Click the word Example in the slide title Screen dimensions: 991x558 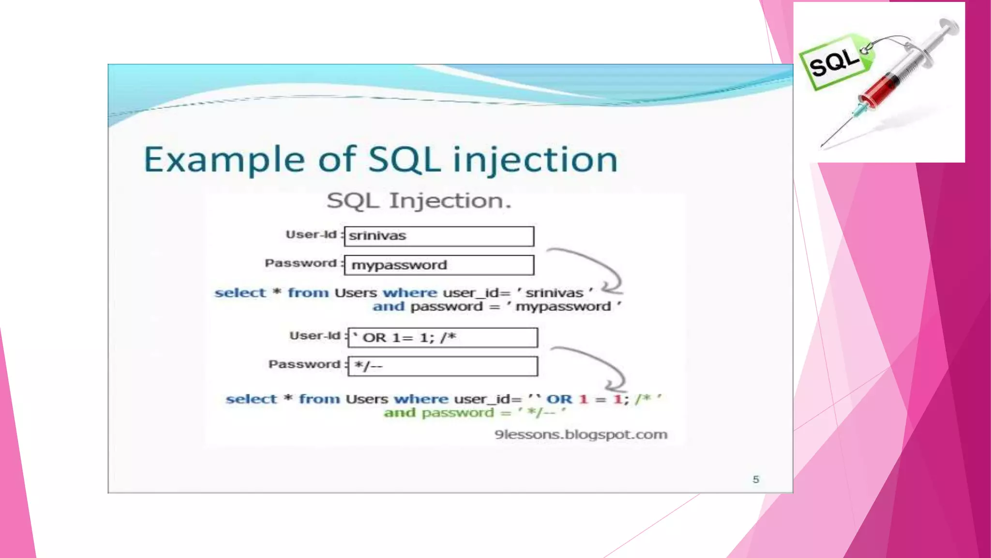pyautogui.click(x=224, y=160)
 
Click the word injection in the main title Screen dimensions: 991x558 pyautogui.click(x=535, y=160)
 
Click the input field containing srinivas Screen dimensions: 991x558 pyautogui.click(x=439, y=236)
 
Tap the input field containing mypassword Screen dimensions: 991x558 pyautogui.click(x=439, y=265)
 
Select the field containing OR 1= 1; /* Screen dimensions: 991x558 pyautogui.click(x=442, y=338)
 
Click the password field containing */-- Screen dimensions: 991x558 pyautogui.click(x=442, y=366)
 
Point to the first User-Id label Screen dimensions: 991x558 pyautogui.click(x=311, y=235)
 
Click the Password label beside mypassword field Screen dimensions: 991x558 pyautogui.click(x=300, y=263)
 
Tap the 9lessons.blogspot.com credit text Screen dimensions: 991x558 pyautogui.click(x=581, y=434)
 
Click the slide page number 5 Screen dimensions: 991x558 pyautogui.click(x=756, y=480)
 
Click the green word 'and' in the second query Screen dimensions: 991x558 pyautogui.click(x=400, y=413)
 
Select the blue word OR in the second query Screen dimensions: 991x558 pyautogui.click(x=559, y=400)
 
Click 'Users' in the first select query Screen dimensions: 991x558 pyautogui.click(x=356, y=293)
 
